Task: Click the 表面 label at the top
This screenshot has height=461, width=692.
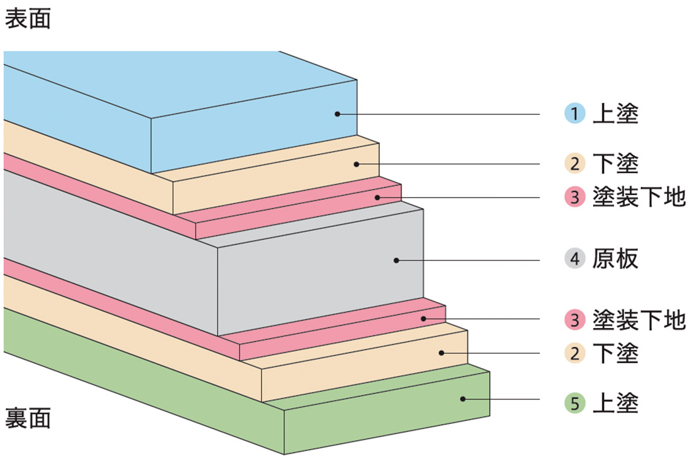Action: coord(28,19)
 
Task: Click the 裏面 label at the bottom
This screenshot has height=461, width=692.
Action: coord(28,418)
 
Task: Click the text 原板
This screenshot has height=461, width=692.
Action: coord(615,259)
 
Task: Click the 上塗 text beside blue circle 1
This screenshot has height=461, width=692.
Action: coord(615,114)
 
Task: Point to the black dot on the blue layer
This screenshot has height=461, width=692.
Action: coord(337,114)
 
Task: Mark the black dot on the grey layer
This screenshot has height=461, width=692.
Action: coord(396,260)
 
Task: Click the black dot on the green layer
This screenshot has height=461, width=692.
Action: coord(462,399)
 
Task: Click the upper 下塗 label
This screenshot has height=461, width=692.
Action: coord(615,164)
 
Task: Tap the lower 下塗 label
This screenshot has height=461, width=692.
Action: coord(615,354)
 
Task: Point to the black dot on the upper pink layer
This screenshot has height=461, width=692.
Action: coord(377,198)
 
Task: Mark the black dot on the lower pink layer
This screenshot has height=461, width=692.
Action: coord(424,319)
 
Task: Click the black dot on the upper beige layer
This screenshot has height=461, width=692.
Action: coord(355,164)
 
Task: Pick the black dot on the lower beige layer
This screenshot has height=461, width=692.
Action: coord(441,353)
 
